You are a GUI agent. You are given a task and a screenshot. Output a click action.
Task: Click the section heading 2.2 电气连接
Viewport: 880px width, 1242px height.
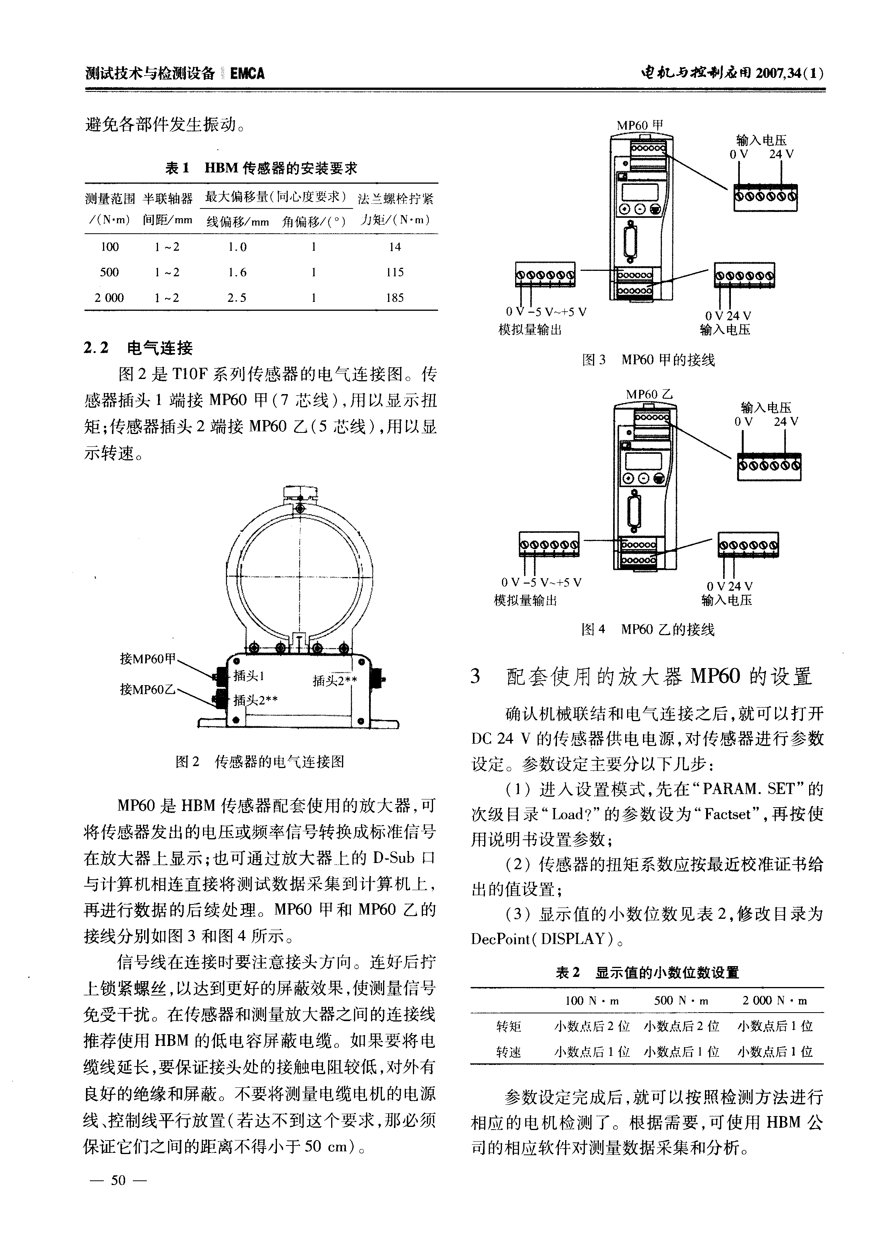pyautogui.click(x=139, y=348)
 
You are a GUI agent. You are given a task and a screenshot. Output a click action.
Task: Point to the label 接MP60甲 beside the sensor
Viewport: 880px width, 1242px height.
pyautogui.click(x=148, y=659)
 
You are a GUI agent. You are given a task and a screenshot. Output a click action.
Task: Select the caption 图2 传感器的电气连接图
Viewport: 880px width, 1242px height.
pyautogui.click(x=260, y=762)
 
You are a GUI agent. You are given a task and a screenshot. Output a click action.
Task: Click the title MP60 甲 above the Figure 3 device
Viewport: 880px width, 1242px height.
pyautogui.click(x=639, y=126)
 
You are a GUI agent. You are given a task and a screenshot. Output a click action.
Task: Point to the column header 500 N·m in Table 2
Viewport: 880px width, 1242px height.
pyautogui.click(x=681, y=1001)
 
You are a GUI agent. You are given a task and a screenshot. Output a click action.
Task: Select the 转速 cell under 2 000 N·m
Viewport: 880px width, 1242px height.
pyautogui.click(x=775, y=1052)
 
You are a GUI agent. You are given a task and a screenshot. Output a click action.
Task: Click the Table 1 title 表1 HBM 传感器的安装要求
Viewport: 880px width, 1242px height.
pyautogui.click(x=261, y=168)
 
